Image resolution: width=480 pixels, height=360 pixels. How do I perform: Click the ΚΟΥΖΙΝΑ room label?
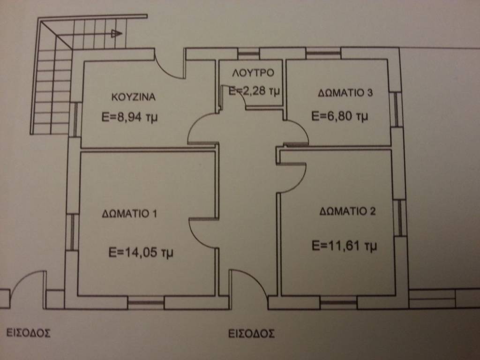134,97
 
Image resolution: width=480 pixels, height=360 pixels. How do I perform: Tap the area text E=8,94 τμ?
129,117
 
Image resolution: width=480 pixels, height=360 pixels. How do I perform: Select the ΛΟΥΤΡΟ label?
253,73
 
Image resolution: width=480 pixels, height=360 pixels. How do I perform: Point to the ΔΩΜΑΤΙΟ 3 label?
345,92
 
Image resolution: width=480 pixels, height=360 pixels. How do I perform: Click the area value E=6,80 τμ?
339,116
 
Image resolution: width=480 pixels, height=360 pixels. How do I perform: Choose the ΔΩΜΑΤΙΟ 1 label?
129,213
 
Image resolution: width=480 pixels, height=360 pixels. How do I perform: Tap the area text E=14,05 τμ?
141,253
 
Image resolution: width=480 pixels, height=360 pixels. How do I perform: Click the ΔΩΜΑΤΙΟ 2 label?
347,211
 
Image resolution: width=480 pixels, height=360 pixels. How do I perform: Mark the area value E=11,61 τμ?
344,246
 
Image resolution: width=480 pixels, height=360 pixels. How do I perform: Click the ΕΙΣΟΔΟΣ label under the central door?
251,333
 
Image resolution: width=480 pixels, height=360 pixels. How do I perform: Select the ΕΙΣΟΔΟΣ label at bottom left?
29,333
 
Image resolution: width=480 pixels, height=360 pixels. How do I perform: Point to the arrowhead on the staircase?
117,33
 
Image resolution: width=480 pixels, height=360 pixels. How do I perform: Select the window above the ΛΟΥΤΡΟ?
248,54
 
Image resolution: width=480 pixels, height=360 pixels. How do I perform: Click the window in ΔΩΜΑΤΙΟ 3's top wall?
323,53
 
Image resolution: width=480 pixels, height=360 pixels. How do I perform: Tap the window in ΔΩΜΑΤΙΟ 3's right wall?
395,109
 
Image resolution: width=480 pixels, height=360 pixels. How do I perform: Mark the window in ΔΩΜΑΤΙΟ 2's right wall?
399,218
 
